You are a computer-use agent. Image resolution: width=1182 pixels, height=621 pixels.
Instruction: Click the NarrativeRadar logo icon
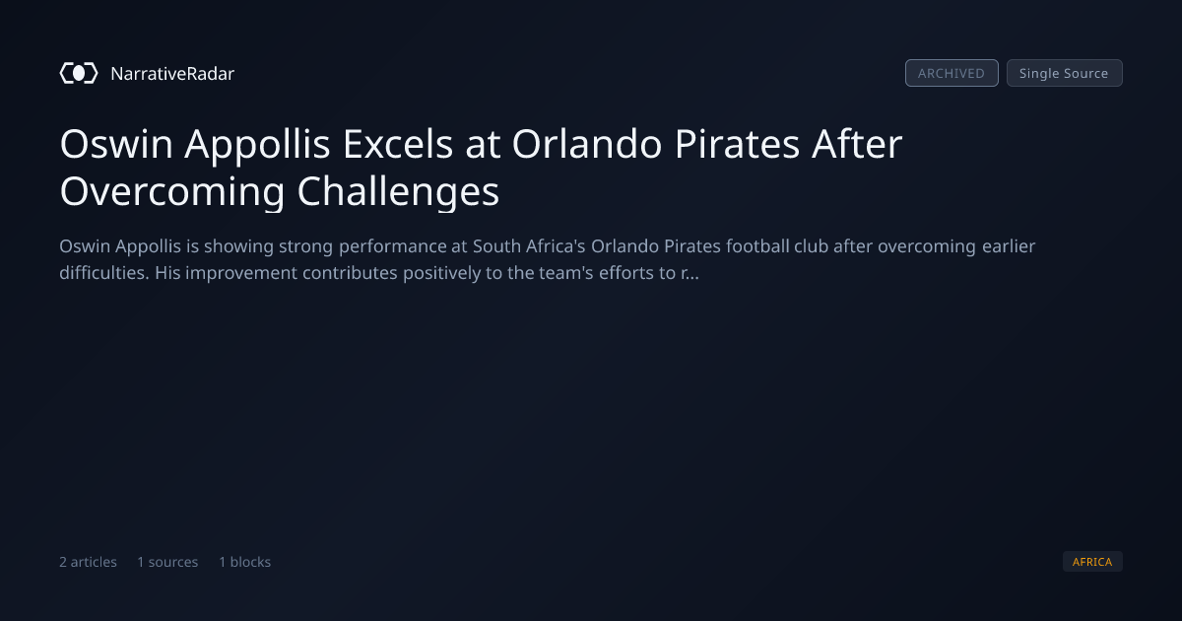point(79,73)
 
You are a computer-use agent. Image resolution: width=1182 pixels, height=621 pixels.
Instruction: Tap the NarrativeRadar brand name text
point(172,73)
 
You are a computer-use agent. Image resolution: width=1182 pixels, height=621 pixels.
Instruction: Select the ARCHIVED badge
point(952,73)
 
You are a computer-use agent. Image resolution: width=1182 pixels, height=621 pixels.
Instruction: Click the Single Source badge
point(1065,73)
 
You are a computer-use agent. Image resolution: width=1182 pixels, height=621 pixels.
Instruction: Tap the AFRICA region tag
point(1092,561)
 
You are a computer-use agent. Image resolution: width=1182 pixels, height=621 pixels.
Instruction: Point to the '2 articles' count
point(88,562)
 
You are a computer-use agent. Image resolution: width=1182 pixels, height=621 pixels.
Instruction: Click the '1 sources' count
point(167,562)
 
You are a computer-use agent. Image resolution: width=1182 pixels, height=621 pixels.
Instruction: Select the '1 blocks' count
point(245,562)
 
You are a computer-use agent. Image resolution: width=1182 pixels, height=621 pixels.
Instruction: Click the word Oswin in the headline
point(116,144)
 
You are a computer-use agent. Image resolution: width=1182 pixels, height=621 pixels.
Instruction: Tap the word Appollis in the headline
point(257,146)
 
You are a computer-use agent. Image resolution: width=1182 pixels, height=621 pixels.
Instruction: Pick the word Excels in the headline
point(398,144)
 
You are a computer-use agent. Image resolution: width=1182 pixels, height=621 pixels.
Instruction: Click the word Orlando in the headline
point(587,144)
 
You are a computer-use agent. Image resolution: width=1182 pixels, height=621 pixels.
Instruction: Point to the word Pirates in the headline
point(737,144)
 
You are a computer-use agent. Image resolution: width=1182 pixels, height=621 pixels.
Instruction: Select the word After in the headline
point(858,144)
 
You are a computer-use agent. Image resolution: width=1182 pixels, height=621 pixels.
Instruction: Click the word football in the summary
point(757,246)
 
